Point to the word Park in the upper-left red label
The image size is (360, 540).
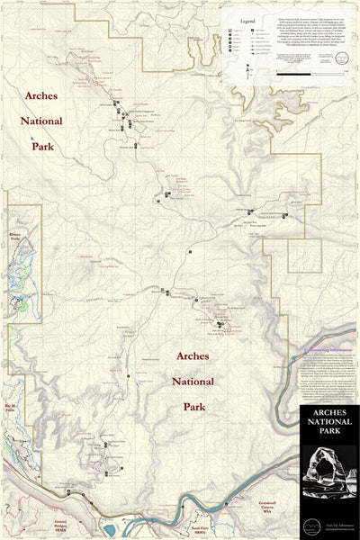[x=43, y=144]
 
